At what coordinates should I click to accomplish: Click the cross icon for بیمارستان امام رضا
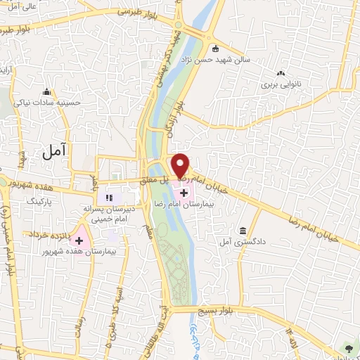184,193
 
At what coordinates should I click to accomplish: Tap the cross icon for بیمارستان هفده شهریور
79,240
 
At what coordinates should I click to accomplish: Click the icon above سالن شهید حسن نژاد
215,49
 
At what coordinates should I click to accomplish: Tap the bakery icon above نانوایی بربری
281,73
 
